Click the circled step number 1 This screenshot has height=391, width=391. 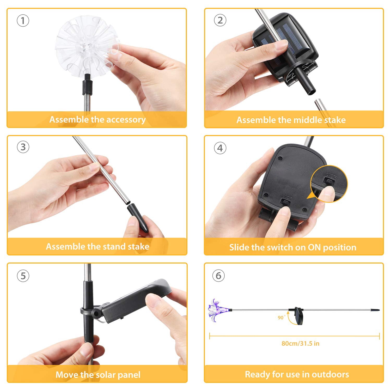23,21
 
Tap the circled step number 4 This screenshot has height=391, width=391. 220,148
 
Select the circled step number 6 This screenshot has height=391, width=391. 218,276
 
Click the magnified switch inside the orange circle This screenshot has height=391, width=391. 329,181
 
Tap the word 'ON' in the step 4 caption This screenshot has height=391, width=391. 314,247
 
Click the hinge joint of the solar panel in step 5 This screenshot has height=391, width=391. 96,312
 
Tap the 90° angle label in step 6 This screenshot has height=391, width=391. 281,317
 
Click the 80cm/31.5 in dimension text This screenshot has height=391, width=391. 300,343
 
